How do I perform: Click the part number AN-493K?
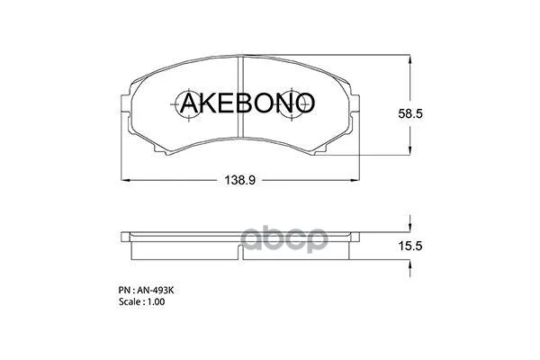click(157, 291)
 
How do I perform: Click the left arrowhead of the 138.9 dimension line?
click(123, 180)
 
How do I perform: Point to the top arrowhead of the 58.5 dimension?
click(410, 58)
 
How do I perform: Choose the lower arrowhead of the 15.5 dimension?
click(410, 255)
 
